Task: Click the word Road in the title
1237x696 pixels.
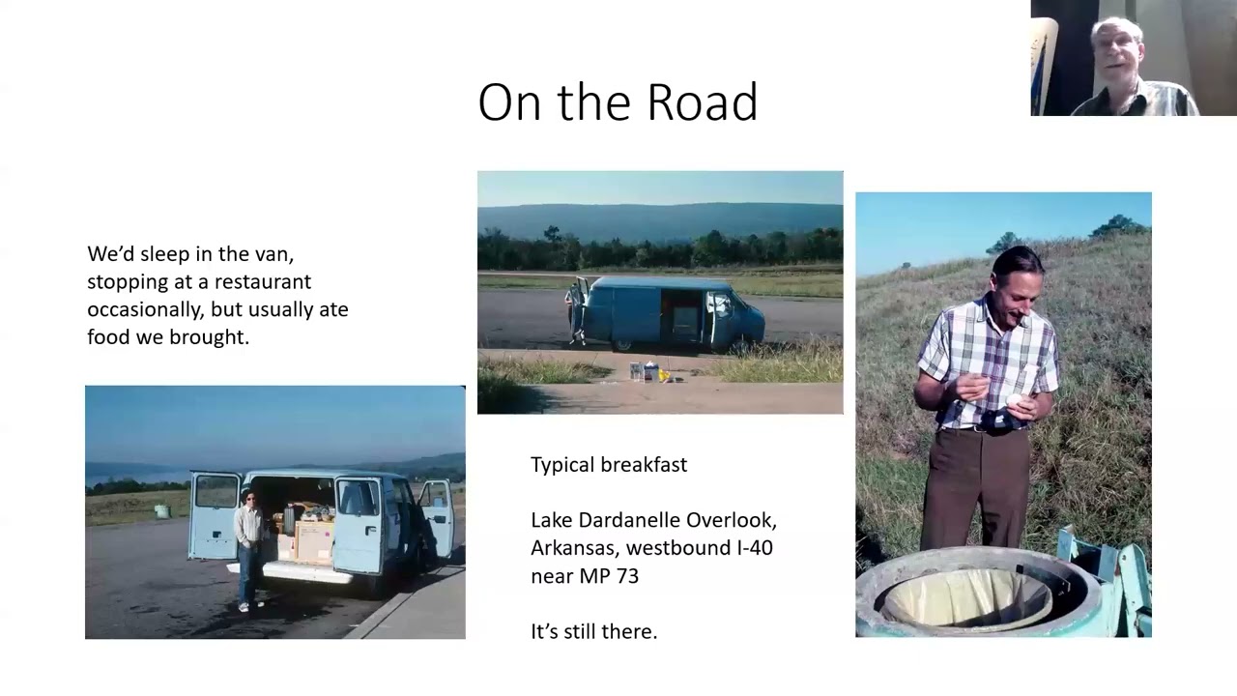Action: (703, 102)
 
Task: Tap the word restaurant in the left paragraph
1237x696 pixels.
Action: (262, 281)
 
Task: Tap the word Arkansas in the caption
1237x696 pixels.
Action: (573, 548)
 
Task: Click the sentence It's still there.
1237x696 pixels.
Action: (594, 631)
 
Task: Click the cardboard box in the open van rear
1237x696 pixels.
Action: (314, 542)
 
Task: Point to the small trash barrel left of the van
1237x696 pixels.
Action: (161, 511)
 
